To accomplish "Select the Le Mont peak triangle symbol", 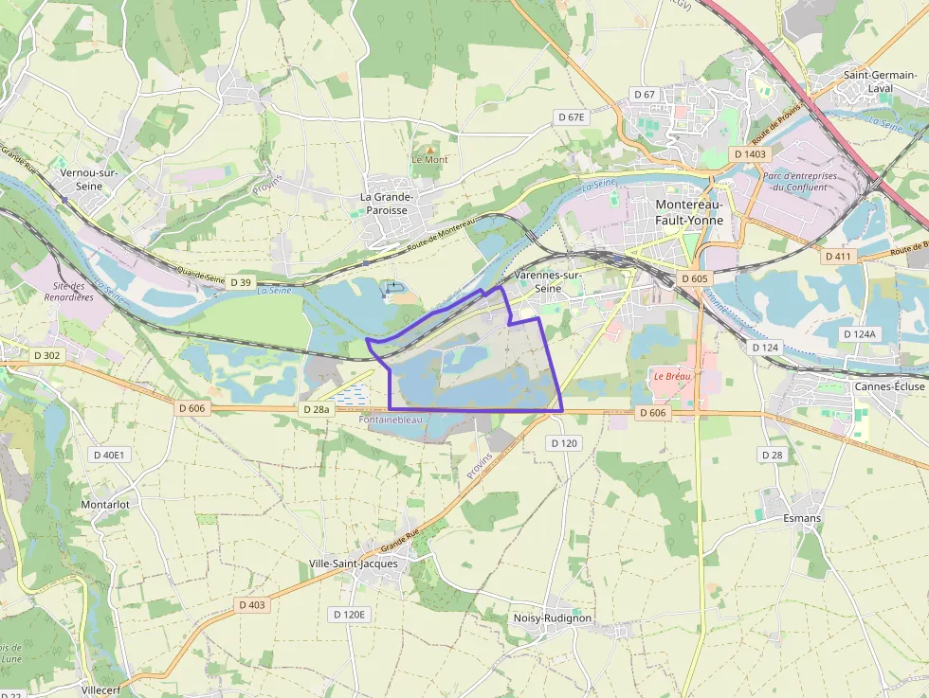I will (x=429, y=150).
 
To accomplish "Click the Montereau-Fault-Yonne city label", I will (x=690, y=212).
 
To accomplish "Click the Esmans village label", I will (x=802, y=519).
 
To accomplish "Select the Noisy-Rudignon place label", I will (x=552, y=617).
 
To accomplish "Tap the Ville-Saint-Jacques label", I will (x=354, y=564).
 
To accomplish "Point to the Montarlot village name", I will (x=105, y=505).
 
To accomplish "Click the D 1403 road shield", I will (x=751, y=153).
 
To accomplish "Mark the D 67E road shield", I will (x=572, y=116).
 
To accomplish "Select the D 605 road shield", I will (x=694, y=278).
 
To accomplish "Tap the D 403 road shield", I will (x=252, y=604).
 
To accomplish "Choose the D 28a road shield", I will (x=315, y=409).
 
